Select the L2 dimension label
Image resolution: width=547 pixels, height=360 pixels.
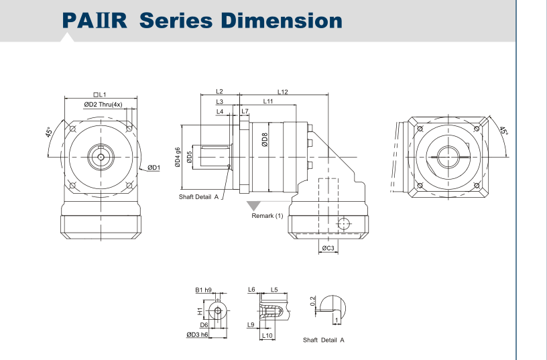click(x=219, y=92)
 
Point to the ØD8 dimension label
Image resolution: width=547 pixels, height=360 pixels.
click(x=265, y=140)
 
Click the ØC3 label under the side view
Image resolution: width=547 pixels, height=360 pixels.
click(x=328, y=249)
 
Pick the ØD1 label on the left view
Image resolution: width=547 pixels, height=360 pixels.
click(x=154, y=168)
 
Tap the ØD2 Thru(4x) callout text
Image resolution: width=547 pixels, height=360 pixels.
click(x=103, y=105)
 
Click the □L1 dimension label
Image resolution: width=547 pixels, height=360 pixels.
click(x=101, y=95)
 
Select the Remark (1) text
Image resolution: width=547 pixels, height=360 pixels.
click(x=267, y=216)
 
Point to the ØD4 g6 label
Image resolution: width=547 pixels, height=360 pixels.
click(x=178, y=158)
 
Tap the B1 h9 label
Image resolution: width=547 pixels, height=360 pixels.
click(x=203, y=290)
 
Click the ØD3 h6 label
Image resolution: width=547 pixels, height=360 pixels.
click(x=197, y=334)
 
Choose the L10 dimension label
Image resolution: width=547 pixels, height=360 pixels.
click(x=266, y=335)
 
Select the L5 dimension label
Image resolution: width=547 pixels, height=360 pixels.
click(x=274, y=290)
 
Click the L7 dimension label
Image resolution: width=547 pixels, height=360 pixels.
click(x=245, y=111)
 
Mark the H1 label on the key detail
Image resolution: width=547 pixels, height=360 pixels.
click(x=199, y=311)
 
